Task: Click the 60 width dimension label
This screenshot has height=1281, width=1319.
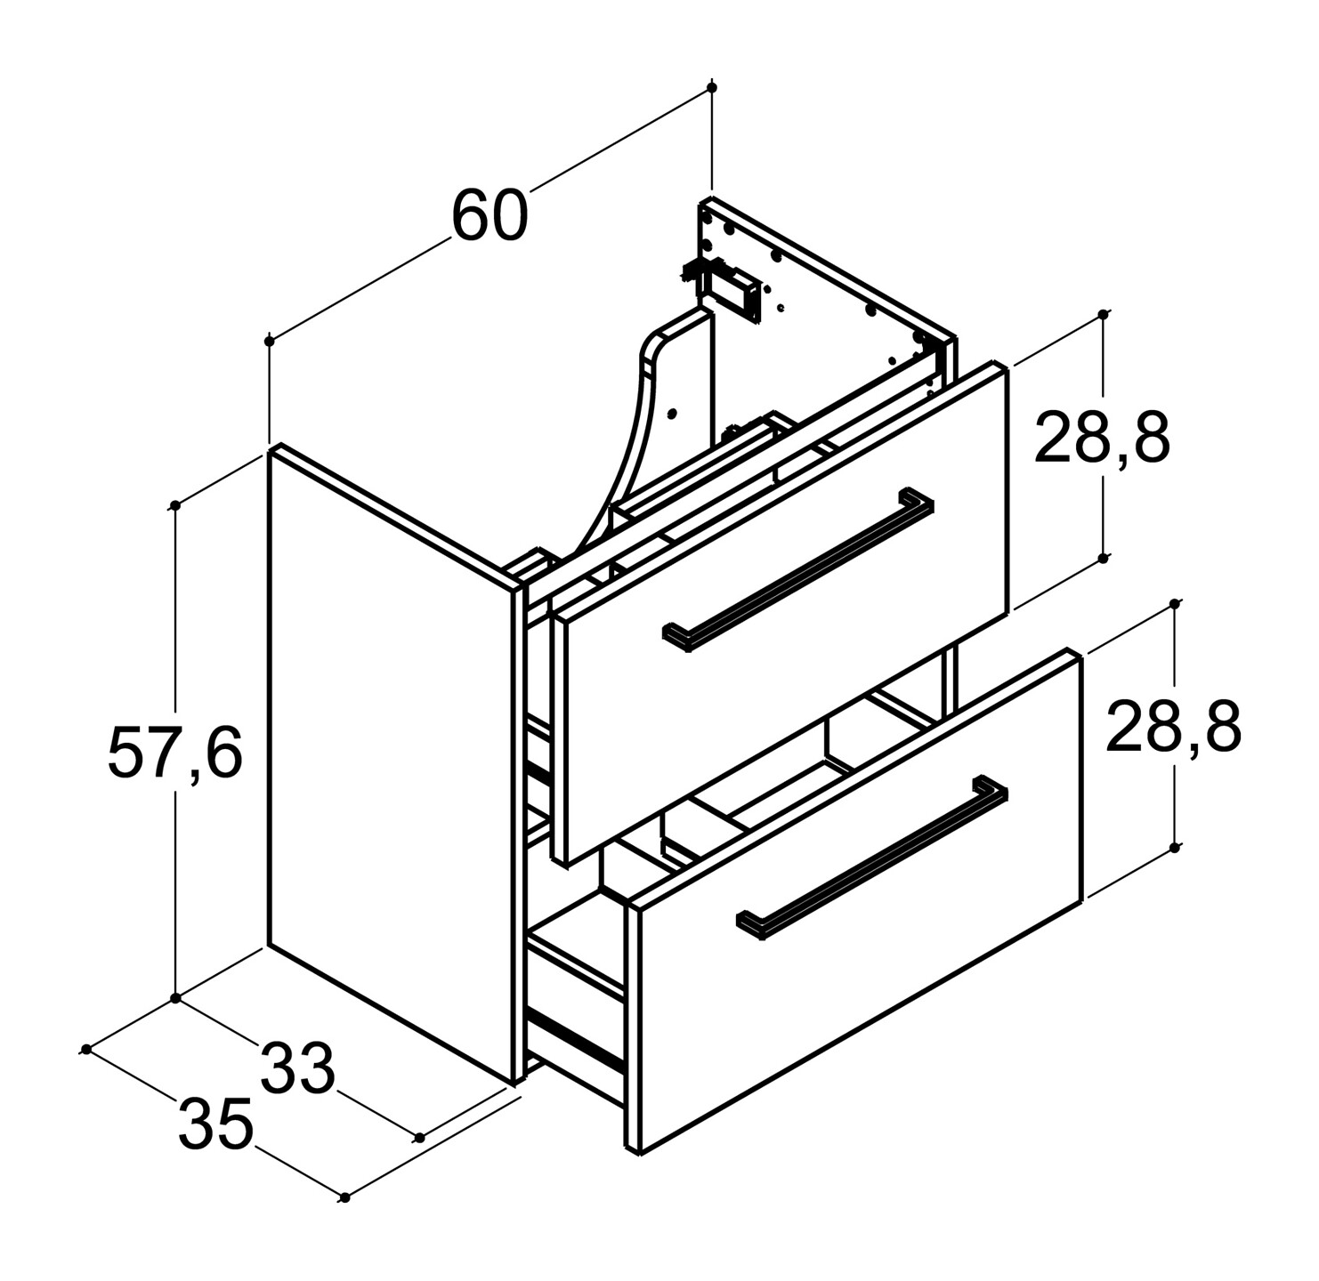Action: (x=490, y=215)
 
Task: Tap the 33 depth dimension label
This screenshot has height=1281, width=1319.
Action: (x=297, y=1069)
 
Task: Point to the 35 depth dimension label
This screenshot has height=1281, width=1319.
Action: (x=215, y=1124)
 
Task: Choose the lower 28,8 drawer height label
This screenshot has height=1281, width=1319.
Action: (x=1173, y=726)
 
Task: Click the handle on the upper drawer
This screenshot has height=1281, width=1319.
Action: (x=797, y=569)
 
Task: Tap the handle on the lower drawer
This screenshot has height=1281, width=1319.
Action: (x=872, y=858)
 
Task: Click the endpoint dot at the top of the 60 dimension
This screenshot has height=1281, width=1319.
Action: (x=712, y=87)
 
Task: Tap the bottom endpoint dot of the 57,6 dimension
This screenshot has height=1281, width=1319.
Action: (x=175, y=998)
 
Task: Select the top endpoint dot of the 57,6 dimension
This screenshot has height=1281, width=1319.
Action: (x=175, y=505)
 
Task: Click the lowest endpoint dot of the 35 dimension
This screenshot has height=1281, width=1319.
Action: (x=344, y=1197)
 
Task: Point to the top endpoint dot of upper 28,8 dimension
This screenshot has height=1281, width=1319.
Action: (x=1103, y=314)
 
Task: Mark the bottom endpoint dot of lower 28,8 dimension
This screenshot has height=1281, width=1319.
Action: (x=1175, y=848)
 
